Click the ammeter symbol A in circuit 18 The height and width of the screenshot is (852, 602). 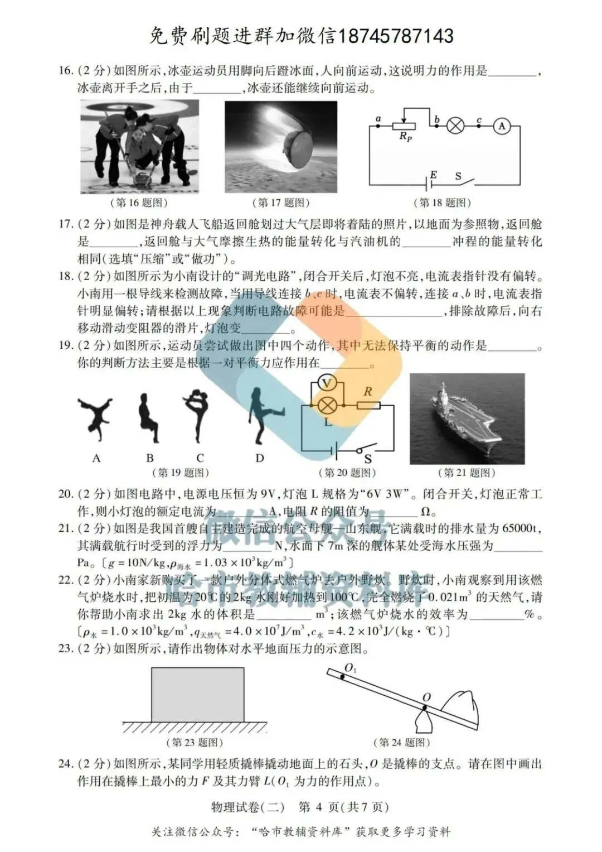501,126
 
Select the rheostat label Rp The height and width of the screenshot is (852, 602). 405,137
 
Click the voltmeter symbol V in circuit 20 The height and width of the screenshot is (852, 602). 327,383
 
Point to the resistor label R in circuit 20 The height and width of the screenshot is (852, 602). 368,392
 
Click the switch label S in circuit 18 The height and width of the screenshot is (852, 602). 458,176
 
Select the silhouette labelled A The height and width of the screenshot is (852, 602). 95,416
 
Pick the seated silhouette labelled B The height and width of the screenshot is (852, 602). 148,418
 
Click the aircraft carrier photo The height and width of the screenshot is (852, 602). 467,418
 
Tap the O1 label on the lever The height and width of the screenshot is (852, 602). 351,668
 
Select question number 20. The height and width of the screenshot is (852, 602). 65,494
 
